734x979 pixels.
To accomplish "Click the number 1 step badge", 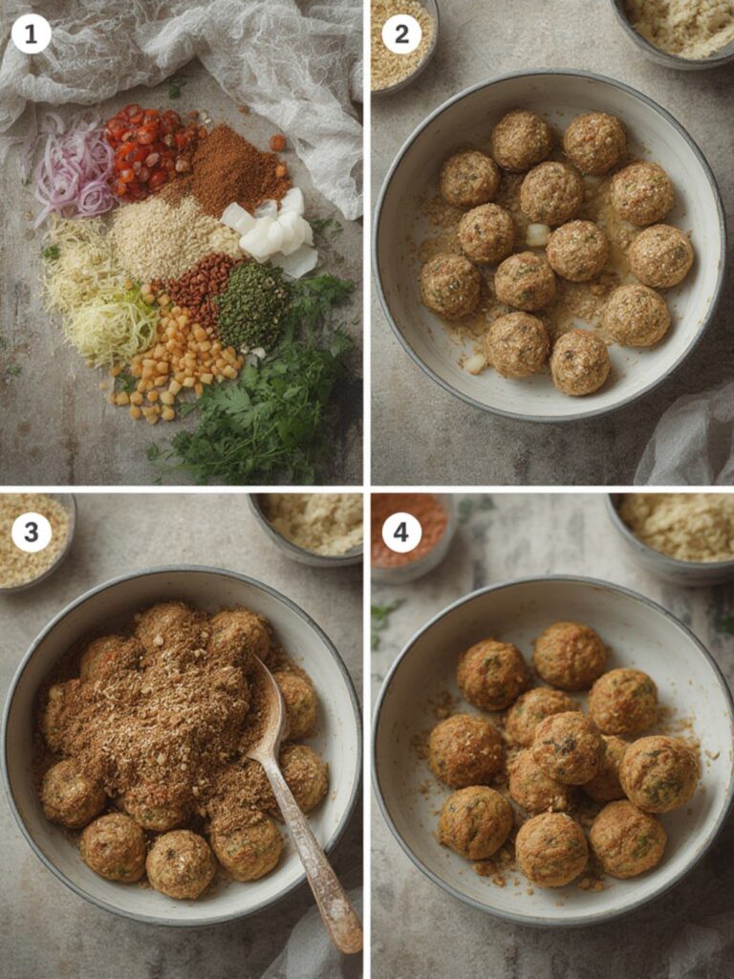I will click(x=31, y=34).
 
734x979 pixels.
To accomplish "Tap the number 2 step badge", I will click(x=400, y=34).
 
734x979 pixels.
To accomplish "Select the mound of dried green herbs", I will click(x=253, y=304).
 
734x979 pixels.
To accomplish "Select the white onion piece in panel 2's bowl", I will click(x=538, y=233).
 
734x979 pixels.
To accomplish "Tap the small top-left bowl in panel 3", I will click(x=34, y=540).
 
